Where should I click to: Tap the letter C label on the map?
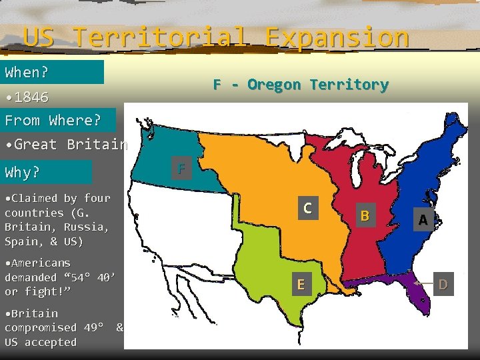[307, 208]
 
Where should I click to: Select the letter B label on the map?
[364, 216]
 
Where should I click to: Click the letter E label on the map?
[301, 285]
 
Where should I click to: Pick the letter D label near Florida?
[443, 285]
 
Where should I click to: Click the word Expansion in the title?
[337, 37]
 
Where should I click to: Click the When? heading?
[27, 72]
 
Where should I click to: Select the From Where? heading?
[53, 121]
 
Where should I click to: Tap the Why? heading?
[23, 173]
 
